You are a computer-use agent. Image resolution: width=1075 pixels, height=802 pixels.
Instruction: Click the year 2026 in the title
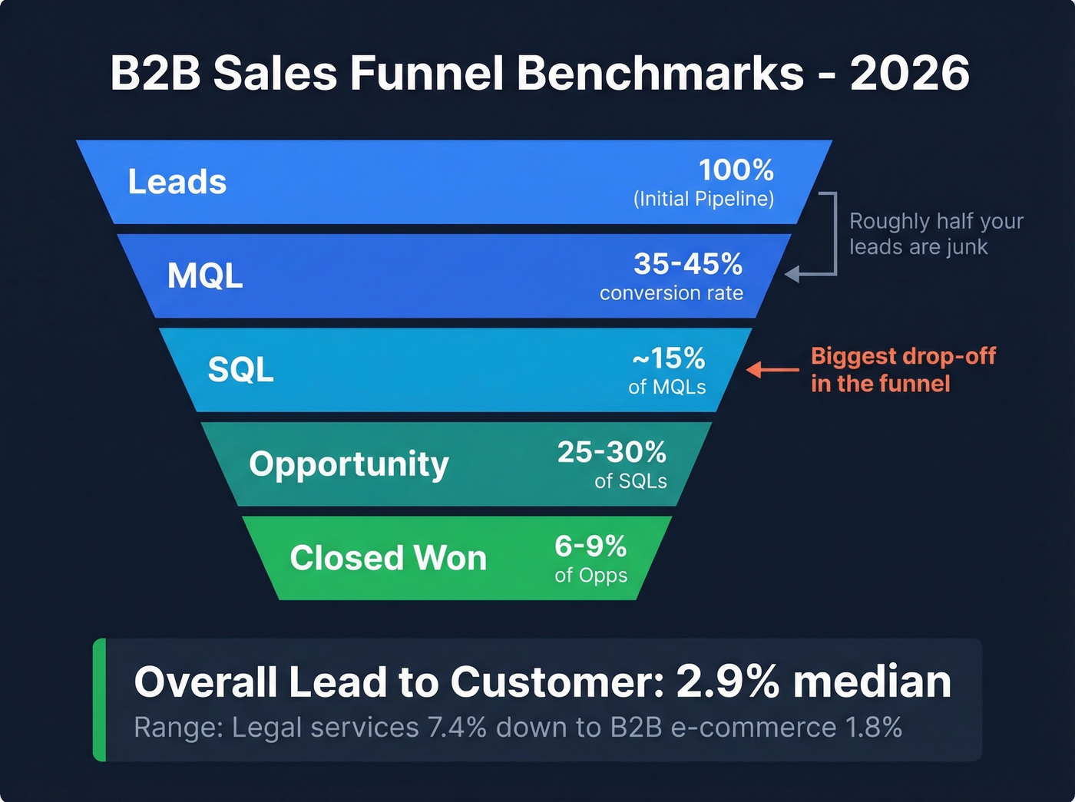tap(909, 74)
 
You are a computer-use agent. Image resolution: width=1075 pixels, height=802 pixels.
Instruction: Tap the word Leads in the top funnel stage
tap(177, 182)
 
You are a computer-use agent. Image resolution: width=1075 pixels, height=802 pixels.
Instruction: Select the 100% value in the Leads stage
tap(736, 170)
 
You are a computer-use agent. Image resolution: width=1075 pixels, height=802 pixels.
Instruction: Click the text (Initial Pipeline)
tap(703, 200)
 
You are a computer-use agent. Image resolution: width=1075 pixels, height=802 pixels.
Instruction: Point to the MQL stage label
tap(205, 276)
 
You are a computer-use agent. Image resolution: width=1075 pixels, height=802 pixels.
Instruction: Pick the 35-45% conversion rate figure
tap(688, 264)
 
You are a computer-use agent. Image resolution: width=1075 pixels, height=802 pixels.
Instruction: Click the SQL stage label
tap(240, 370)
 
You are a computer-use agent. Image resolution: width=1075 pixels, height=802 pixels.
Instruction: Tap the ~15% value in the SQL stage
tap(668, 358)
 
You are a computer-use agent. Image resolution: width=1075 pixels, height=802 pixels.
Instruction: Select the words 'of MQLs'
tap(666, 388)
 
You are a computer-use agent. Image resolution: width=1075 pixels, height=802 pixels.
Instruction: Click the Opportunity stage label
tap(349, 464)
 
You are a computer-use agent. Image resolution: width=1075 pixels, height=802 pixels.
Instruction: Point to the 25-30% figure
tap(611, 452)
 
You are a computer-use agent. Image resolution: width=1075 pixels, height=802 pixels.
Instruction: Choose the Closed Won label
tap(388, 558)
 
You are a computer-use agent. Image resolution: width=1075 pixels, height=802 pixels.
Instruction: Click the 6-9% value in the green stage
tap(590, 546)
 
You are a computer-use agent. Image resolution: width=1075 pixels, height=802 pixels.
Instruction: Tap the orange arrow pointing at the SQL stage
tap(772, 370)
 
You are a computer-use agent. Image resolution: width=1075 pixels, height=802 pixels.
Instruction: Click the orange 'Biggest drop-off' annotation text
tap(902, 370)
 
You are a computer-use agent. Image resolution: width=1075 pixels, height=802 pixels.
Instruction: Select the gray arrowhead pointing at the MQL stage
tap(792, 274)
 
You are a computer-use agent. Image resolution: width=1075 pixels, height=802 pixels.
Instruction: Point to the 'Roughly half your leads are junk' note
tap(935, 234)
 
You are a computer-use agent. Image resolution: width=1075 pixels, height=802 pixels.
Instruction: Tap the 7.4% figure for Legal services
tap(457, 728)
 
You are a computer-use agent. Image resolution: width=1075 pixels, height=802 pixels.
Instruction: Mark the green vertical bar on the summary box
tap(99, 699)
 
